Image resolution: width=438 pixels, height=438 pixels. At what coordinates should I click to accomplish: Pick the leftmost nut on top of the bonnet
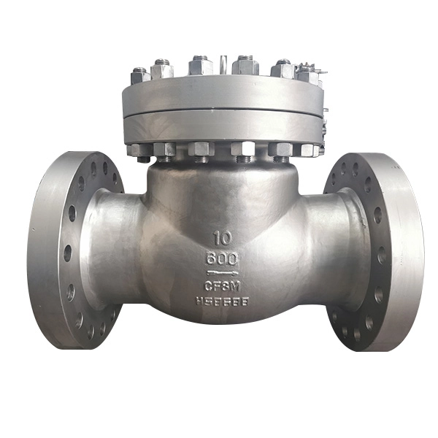140,75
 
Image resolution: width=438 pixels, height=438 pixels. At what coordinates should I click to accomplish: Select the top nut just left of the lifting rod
200,66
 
